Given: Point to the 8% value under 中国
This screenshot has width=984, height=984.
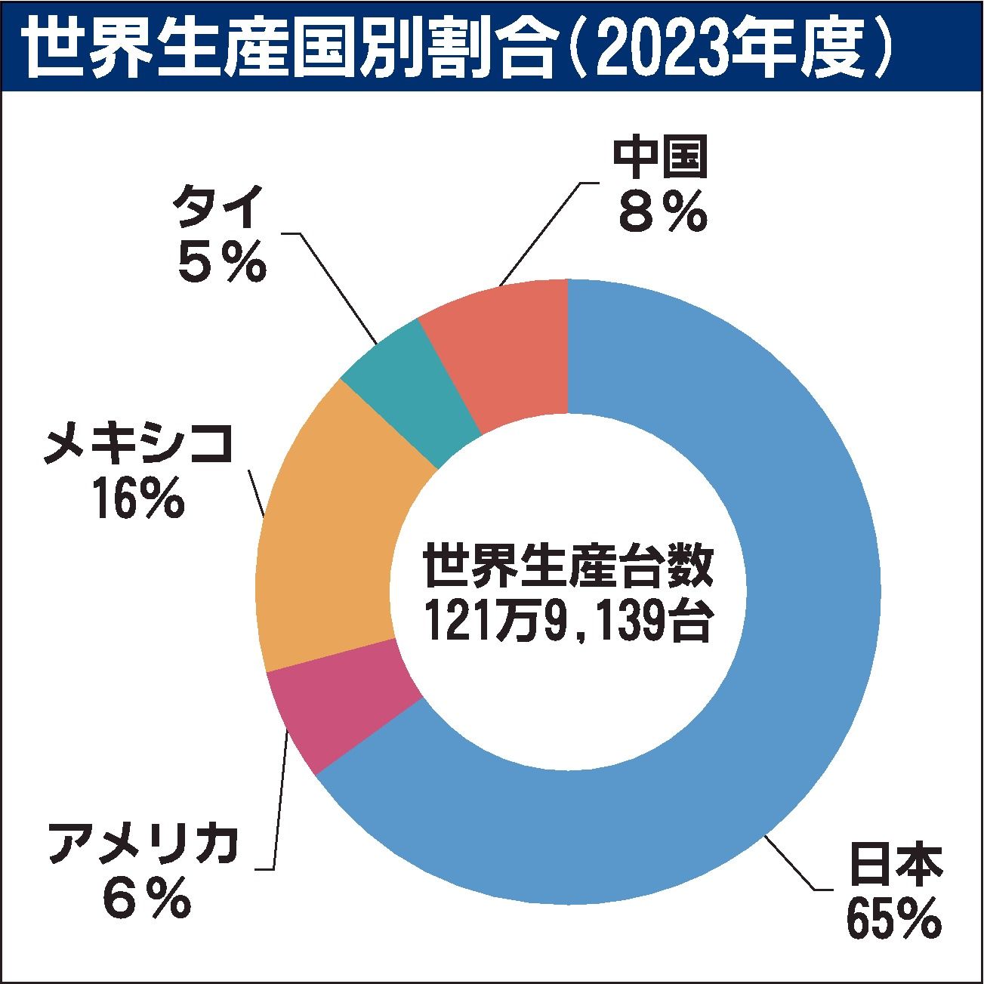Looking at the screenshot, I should pyautogui.click(x=661, y=213).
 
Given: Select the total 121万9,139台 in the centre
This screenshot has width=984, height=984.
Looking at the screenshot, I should pyautogui.click(x=566, y=621).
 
